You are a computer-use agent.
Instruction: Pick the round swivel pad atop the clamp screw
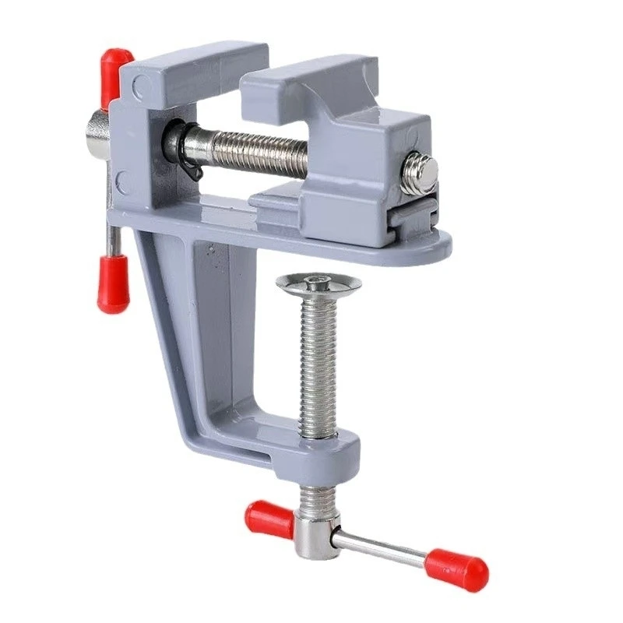[x=319, y=284]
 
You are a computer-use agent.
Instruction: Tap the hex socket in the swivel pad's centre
[x=319, y=280]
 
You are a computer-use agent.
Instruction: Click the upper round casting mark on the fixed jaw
[x=138, y=89]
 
